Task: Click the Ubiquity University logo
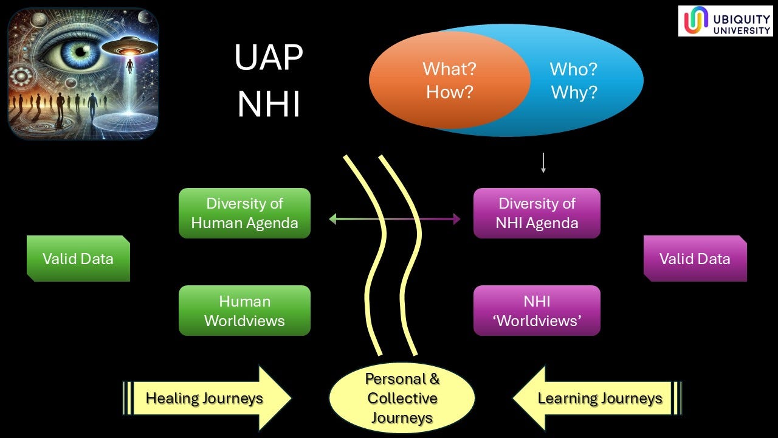coord(725,21)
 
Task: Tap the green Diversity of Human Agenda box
coord(244,213)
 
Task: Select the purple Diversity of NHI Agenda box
coord(537,213)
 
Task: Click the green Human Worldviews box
coord(244,310)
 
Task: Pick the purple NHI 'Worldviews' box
coord(537,310)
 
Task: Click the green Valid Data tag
coord(78,259)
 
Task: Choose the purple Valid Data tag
coord(695,259)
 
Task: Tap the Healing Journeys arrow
coord(207,398)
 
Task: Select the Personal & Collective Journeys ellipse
coord(402,398)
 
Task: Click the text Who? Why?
coord(574,80)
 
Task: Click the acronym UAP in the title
coord(269,58)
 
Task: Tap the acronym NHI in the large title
coord(269,105)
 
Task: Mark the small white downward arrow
coord(543,163)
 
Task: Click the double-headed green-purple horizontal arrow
coord(394,218)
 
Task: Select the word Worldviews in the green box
coord(244,320)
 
